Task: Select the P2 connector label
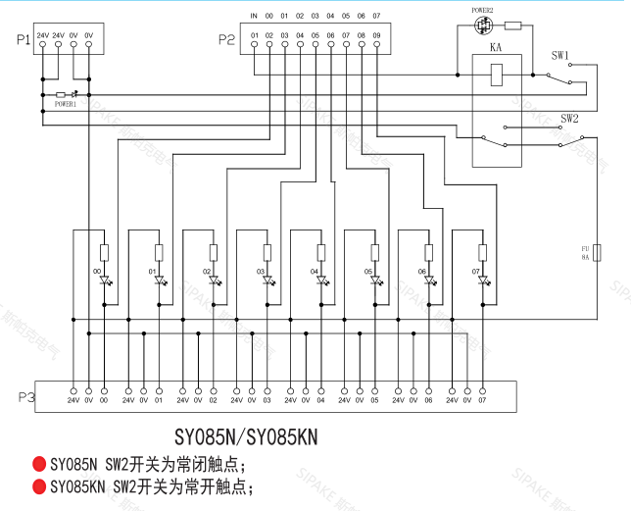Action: coord(226,39)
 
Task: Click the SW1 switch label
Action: coord(559,55)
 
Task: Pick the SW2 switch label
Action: coord(569,118)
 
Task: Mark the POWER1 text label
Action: coord(66,102)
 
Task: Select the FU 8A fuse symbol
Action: coord(597,252)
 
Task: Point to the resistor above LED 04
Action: coord(320,250)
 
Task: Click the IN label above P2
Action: coord(254,16)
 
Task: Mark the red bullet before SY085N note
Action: coord(39,463)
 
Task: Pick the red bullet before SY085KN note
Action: coord(39,485)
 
